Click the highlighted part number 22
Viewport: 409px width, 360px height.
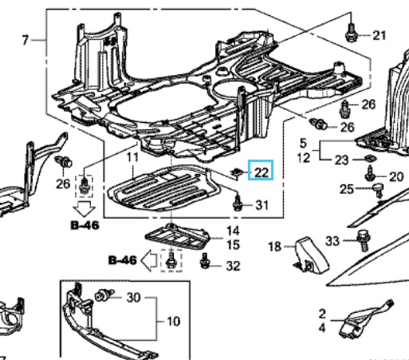click(x=261, y=170)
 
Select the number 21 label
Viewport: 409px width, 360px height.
click(x=378, y=34)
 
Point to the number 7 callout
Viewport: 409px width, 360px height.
click(x=25, y=39)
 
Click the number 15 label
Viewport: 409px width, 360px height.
click(x=234, y=244)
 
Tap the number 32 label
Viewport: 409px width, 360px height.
click(x=233, y=266)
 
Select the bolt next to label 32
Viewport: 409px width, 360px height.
click(x=207, y=263)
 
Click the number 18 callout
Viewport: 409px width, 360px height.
click(x=274, y=247)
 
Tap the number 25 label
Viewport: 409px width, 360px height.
click(x=345, y=189)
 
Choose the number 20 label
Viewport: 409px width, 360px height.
click(x=396, y=176)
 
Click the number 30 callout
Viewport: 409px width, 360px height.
click(x=132, y=298)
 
